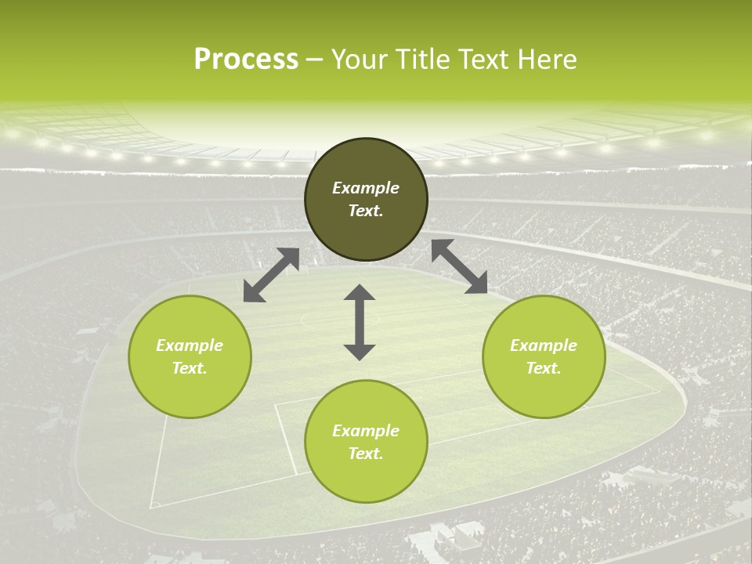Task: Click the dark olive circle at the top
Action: coord(366,199)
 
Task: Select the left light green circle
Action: coord(190,356)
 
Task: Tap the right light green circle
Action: coord(544,356)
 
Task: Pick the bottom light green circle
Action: coord(366,442)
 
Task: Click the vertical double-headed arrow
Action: coord(360,322)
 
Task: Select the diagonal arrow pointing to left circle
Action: coord(271,275)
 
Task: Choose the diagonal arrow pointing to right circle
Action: coord(459,266)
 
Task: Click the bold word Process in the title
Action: coord(246,60)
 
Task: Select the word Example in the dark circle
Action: coord(366,188)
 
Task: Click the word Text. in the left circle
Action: coord(190,368)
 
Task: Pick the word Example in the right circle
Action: coord(544,345)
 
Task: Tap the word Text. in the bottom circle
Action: coord(366,454)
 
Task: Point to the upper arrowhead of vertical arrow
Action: coord(360,293)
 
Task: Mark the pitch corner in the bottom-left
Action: coord(153,505)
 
